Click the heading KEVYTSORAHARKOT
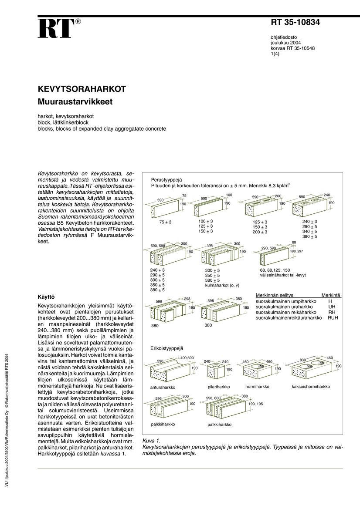[82, 89]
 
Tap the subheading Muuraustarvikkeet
[75, 102]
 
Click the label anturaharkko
[163, 387]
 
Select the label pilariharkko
[219, 387]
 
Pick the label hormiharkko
[257, 386]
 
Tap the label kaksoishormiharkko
[311, 386]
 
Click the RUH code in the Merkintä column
[333, 318]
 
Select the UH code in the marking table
[332, 307]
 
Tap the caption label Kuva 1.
[152, 441]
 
